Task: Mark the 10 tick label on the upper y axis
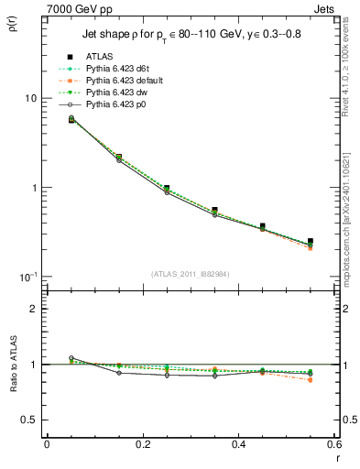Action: click(x=29, y=98)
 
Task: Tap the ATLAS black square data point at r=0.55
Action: click(x=311, y=241)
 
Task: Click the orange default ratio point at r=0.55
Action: click(x=311, y=379)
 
